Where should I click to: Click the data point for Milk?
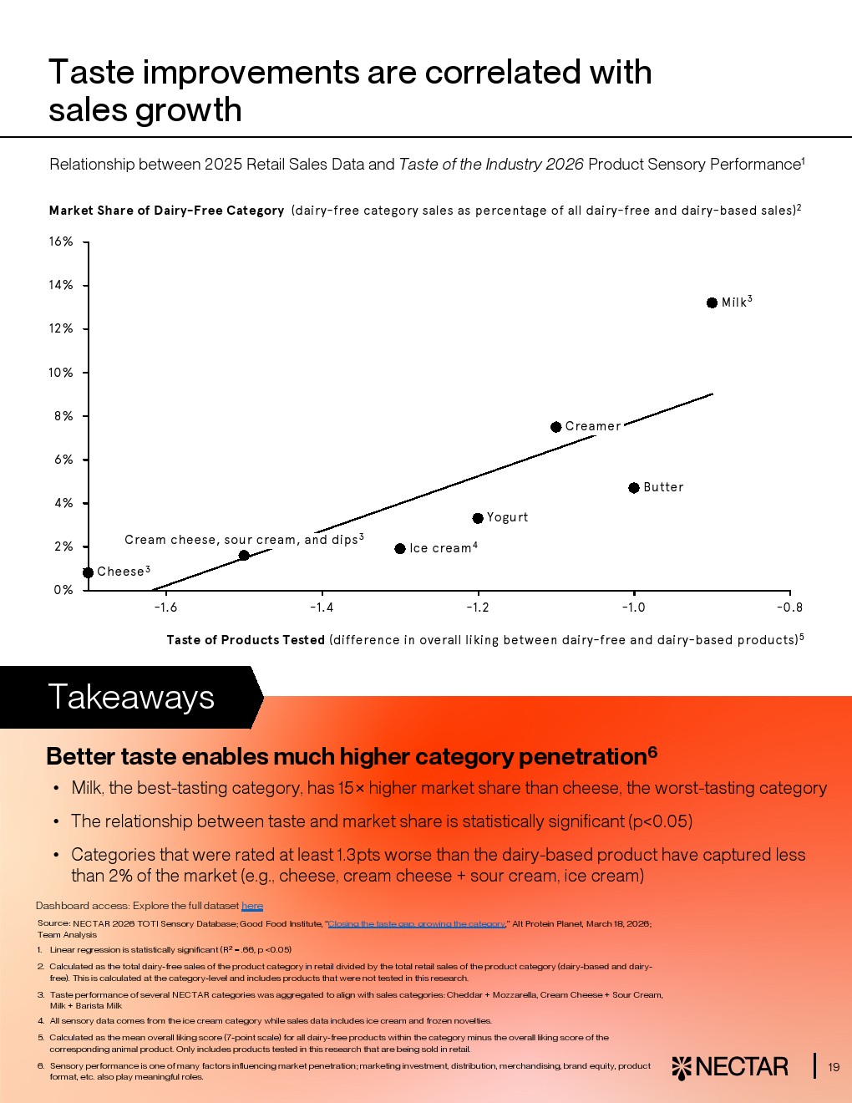click(712, 302)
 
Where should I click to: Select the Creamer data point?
click(555, 427)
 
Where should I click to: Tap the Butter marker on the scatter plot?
click(634, 488)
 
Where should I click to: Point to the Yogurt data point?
click(478, 518)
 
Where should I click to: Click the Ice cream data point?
click(400, 549)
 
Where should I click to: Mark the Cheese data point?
click(89, 572)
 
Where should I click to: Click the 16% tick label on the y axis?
click(61, 241)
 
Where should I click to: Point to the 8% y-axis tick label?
click(63, 416)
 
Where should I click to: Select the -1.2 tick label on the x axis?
click(478, 607)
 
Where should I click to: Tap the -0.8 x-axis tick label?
click(789, 607)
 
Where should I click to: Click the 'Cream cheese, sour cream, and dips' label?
click(241, 540)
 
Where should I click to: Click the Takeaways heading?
click(131, 697)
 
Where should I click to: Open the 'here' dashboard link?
click(252, 906)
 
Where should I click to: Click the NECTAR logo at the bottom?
click(730, 1067)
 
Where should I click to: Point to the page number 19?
click(834, 1067)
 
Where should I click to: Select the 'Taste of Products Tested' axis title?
click(246, 640)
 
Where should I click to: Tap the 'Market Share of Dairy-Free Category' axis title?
click(166, 211)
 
